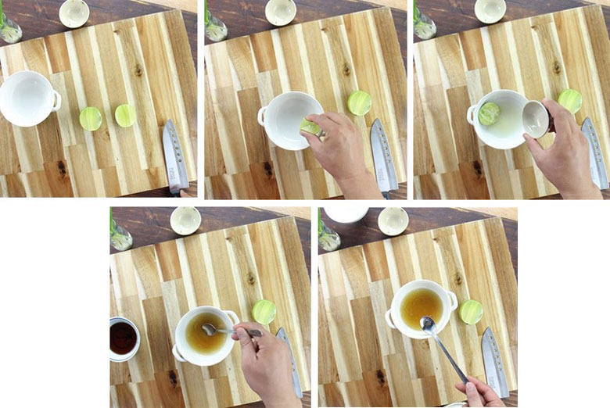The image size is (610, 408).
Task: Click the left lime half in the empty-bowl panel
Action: click(91, 119)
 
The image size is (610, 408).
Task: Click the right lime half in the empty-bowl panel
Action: click(125, 116)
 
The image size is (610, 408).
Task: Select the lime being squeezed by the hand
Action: click(310, 127)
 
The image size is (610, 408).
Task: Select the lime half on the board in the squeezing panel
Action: click(360, 103)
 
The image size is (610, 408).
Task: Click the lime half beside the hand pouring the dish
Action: click(569, 101)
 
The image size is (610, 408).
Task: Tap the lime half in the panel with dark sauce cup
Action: click(264, 312)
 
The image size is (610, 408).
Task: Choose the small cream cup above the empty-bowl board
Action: click(74, 13)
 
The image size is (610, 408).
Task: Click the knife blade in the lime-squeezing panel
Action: click(381, 156)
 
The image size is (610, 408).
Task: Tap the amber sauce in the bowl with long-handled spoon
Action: click(421, 307)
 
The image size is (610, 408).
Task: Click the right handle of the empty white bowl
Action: click(56, 100)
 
